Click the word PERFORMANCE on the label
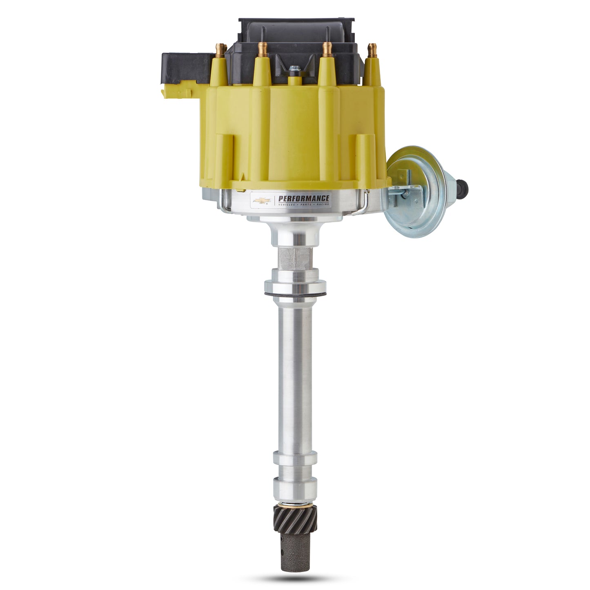coord(303,198)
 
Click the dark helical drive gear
coord(295,517)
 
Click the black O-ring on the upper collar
coord(295,294)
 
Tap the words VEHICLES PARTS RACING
coord(303,204)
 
